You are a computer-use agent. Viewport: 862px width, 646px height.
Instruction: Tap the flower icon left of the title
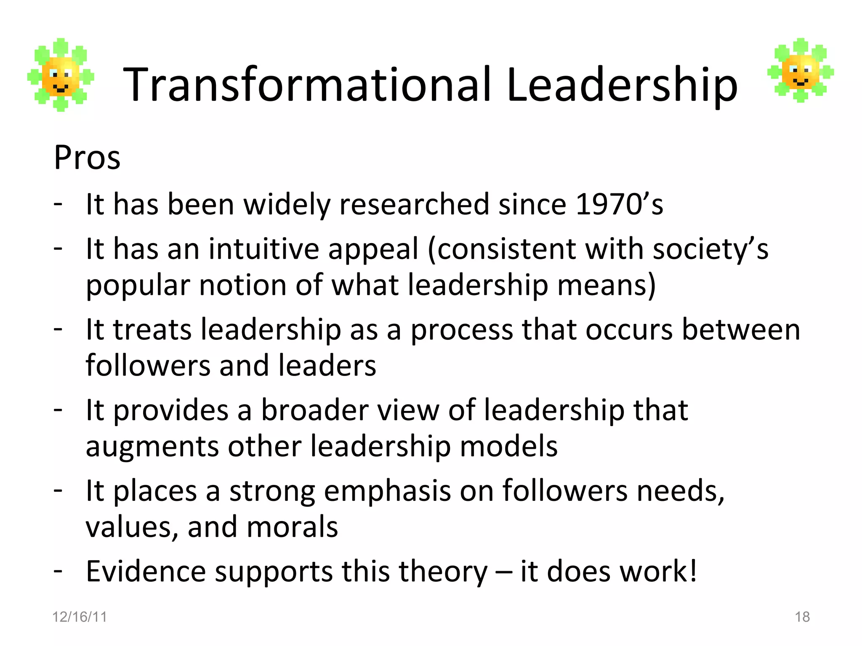(61, 75)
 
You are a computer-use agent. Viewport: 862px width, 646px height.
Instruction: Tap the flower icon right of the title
(800, 70)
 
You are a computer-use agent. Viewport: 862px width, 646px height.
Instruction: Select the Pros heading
(87, 158)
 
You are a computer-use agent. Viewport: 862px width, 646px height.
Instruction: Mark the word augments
(152, 447)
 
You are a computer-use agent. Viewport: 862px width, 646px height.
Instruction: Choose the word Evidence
(146, 572)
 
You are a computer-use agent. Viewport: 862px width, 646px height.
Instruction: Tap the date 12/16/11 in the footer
(80, 617)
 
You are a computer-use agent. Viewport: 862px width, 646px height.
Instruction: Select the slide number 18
(802, 617)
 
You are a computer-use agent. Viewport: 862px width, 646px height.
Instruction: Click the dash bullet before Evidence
(58, 571)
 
